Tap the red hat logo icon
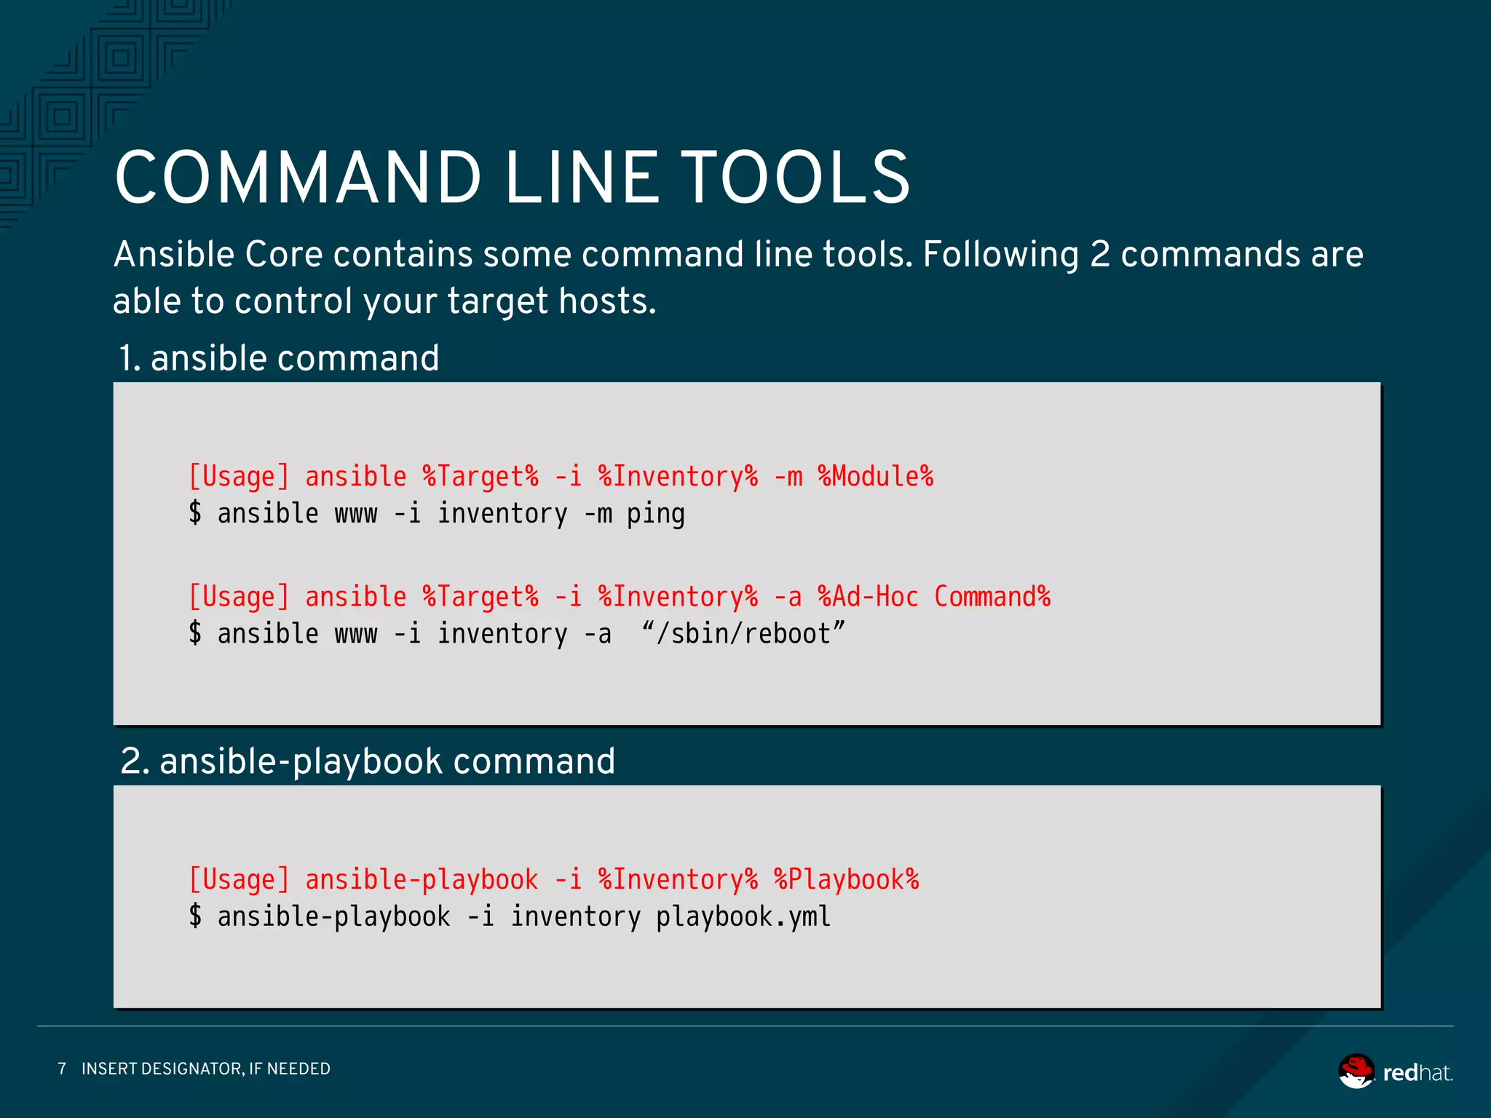click(1356, 1071)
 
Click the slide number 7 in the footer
click(62, 1069)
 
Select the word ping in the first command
click(655, 514)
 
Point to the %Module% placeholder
click(875, 477)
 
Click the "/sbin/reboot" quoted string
click(743, 633)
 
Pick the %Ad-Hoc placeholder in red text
click(868, 597)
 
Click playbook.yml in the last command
click(743, 916)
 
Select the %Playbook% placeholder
click(846, 879)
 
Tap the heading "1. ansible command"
click(279, 358)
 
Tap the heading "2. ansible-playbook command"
click(368, 761)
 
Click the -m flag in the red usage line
click(788, 477)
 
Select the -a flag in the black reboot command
click(597, 634)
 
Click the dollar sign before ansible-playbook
click(195, 916)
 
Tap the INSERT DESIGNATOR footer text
click(206, 1069)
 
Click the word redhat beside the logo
click(1417, 1073)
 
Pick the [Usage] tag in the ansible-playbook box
click(239, 879)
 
